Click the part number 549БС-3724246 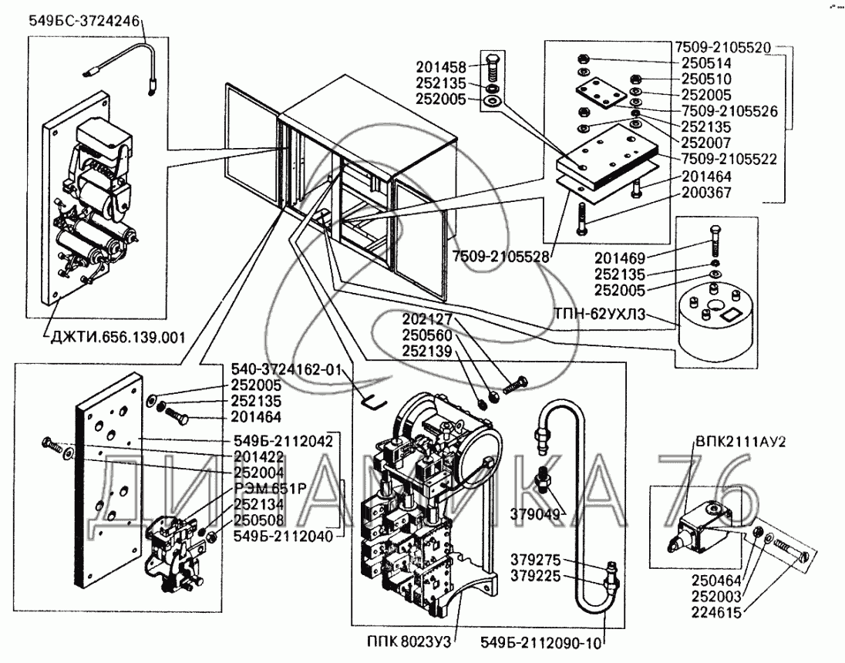click(x=84, y=22)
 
